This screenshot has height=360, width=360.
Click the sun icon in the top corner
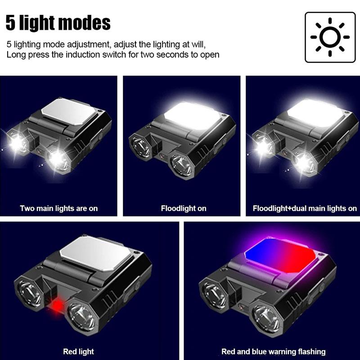(330, 37)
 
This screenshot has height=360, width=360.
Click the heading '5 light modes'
(58, 22)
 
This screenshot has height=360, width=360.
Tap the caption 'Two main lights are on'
(59, 208)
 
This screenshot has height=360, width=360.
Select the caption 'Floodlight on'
(184, 208)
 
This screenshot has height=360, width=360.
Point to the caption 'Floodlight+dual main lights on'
(305, 208)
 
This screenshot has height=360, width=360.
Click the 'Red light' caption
(78, 351)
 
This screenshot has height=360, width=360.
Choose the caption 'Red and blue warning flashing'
(273, 351)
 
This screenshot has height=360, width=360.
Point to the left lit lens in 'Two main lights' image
(18, 143)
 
